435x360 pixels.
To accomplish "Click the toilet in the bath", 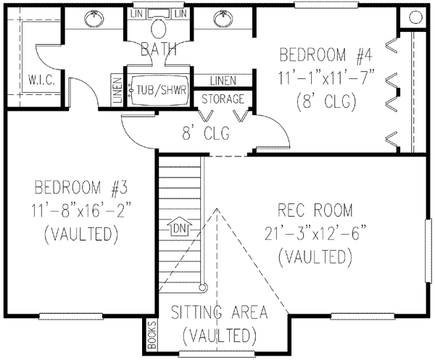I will tap(159, 28).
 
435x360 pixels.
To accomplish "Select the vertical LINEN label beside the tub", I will tap(116, 91).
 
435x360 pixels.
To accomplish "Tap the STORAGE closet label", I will tap(223, 99).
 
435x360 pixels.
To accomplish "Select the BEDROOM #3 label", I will tap(78, 189).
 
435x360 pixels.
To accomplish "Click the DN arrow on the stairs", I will tap(178, 229).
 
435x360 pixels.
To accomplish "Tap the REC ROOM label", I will tap(315, 211).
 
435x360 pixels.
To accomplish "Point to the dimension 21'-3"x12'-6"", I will tap(315, 233).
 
